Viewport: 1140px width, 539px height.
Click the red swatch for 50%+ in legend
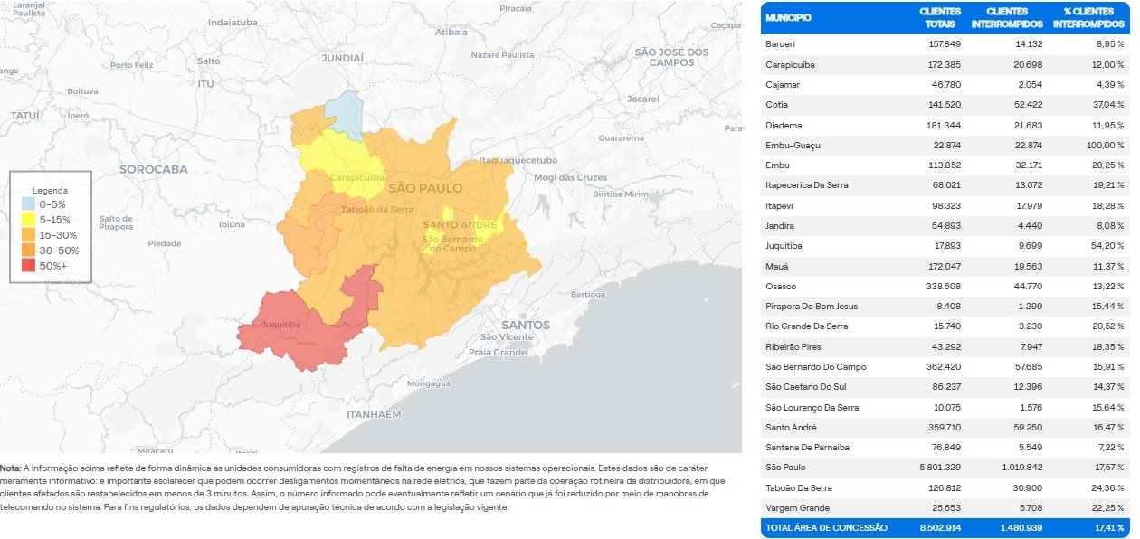pyautogui.click(x=29, y=265)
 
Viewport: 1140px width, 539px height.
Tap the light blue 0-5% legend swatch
pyautogui.click(x=29, y=204)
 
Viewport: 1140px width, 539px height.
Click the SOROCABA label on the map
pyautogui.click(x=153, y=169)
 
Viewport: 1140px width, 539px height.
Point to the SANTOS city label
pyautogui.click(x=525, y=325)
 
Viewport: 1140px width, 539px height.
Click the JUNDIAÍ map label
pyautogui.click(x=342, y=57)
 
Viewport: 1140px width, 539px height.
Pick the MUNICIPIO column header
pyautogui.click(x=788, y=17)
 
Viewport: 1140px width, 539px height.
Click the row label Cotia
pyautogui.click(x=778, y=105)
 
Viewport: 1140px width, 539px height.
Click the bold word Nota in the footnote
pyautogui.click(x=10, y=468)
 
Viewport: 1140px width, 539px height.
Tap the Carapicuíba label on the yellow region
pyautogui.click(x=356, y=178)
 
